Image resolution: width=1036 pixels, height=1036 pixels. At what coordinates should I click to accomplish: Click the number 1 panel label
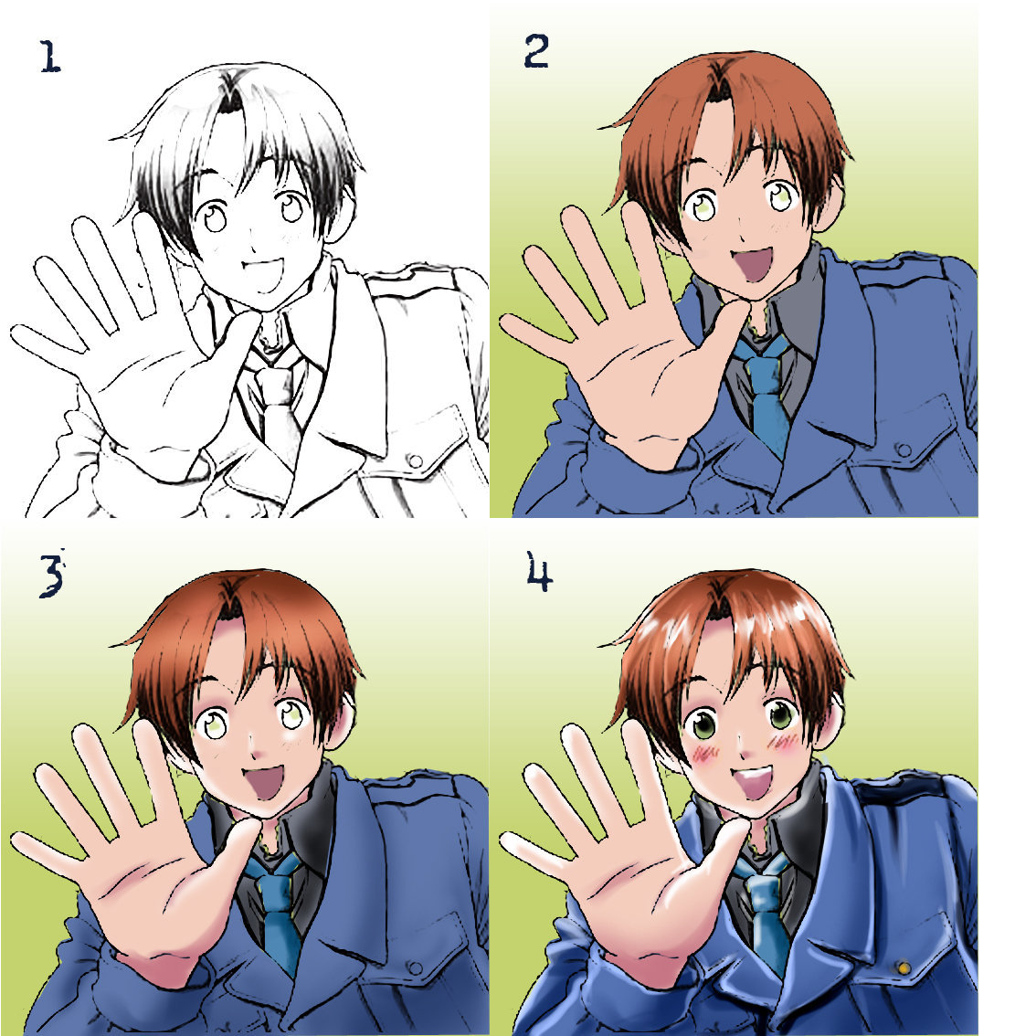click(x=50, y=57)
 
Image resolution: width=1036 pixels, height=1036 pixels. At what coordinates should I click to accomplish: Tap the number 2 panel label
click(x=536, y=51)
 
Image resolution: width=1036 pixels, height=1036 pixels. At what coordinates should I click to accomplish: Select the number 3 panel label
click(x=52, y=574)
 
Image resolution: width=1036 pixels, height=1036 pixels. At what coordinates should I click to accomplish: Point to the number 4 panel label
click(x=539, y=572)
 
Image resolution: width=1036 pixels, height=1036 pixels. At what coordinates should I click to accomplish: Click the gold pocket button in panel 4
click(x=904, y=968)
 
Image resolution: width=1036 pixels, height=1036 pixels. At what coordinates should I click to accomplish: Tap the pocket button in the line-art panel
click(x=415, y=460)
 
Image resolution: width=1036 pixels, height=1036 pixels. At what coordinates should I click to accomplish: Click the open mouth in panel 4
click(x=752, y=782)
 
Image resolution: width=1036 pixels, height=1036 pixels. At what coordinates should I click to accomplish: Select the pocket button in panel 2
click(x=904, y=450)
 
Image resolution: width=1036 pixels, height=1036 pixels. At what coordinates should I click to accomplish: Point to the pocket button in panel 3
click(x=415, y=968)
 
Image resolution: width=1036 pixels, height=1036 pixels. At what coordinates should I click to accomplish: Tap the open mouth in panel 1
click(x=263, y=274)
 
